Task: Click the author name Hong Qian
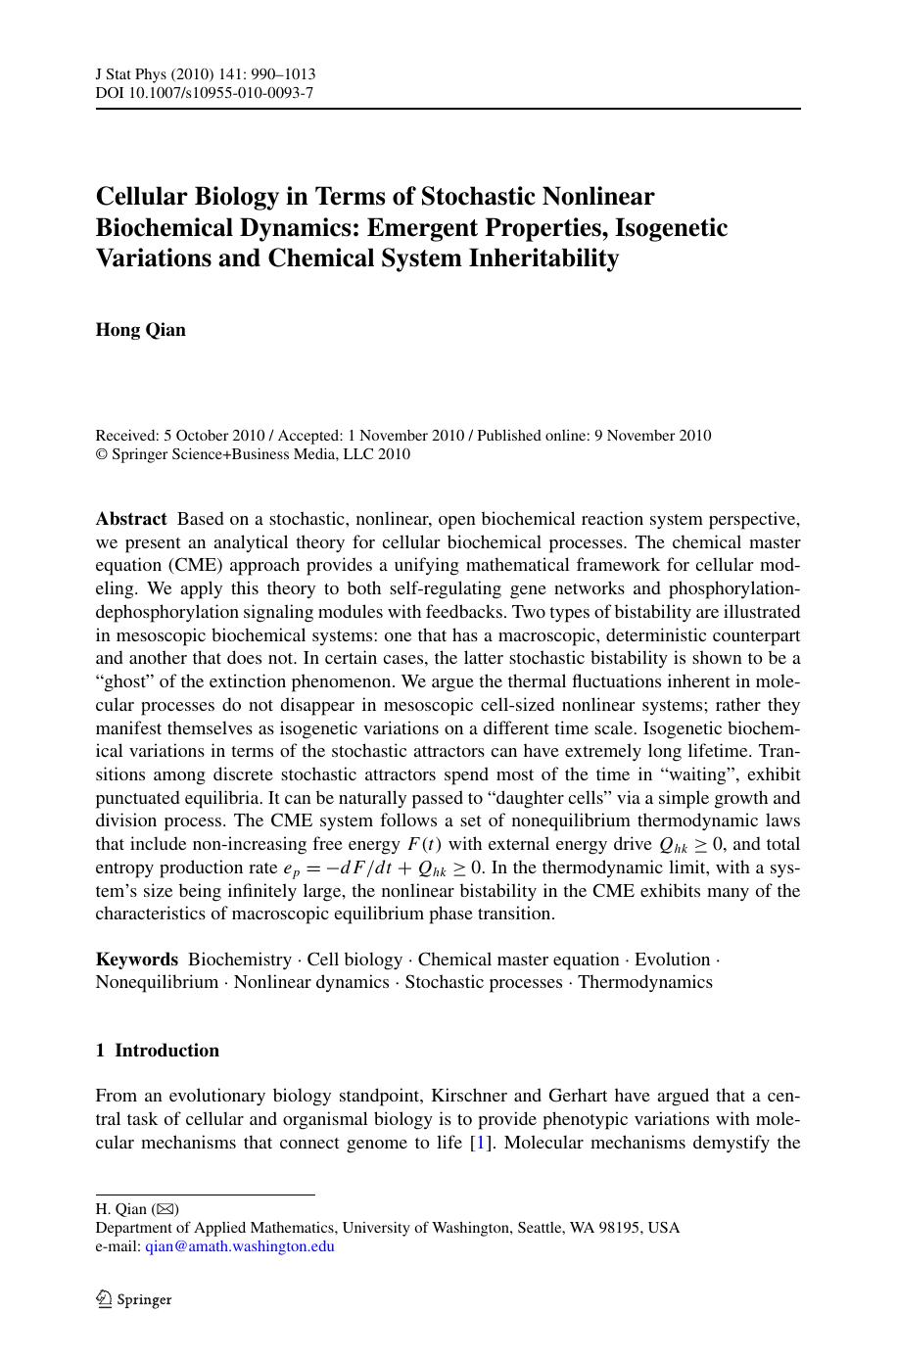click(x=140, y=330)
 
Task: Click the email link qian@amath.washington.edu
click(x=240, y=1246)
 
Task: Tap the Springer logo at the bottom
click(x=134, y=1299)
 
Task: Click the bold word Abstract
click(x=131, y=519)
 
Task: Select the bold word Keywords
click(x=137, y=960)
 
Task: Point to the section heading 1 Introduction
click(x=158, y=1051)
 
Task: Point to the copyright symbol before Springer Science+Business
click(x=101, y=454)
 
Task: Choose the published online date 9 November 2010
click(x=653, y=436)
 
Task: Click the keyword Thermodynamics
click(x=645, y=982)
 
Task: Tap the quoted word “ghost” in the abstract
click(x=125, y=682)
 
